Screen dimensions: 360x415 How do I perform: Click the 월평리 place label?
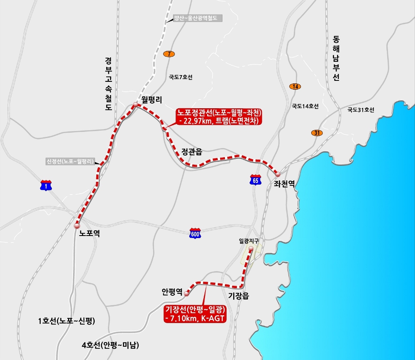coord(151,99)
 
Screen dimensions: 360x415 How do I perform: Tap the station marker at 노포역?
coord(76,226)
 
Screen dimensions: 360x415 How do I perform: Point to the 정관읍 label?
coord(192,152)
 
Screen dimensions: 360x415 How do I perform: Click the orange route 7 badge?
coord(169,54)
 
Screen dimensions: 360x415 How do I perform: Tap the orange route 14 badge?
coord(295,86)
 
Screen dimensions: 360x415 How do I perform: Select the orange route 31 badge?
coord(317,133)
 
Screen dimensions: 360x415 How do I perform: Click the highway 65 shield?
coord(256,180)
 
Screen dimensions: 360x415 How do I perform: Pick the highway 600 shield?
coord(195,233)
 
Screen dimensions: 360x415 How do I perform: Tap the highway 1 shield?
coord(46,185)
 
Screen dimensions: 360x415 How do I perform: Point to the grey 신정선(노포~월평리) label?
coord(71,161)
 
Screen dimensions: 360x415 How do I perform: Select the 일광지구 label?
coord(249,240)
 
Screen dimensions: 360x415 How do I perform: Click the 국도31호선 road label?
coord(361,110)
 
